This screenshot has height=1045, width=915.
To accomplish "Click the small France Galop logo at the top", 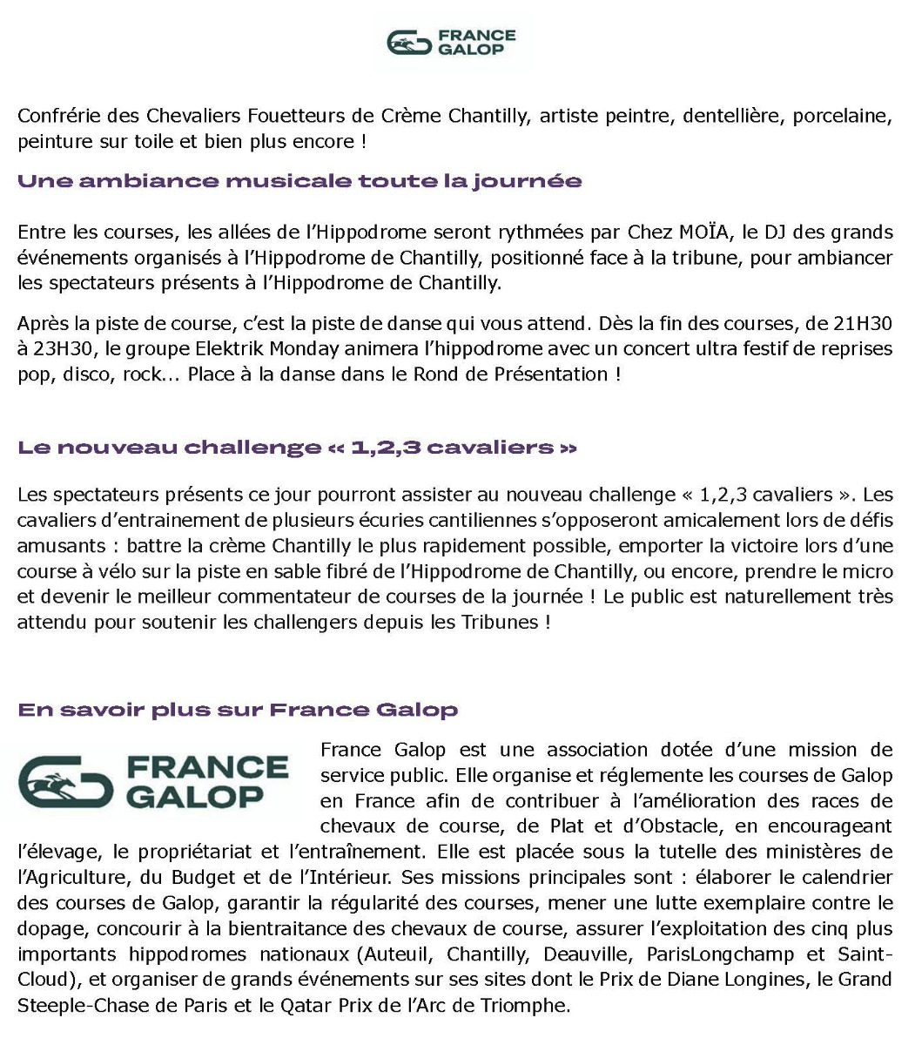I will [451, 42].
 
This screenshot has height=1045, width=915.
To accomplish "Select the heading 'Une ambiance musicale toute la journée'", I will [299, 182].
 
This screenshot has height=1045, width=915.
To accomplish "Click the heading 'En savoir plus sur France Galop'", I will [238, 710].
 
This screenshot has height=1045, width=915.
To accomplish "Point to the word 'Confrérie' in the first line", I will [55, 116].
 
